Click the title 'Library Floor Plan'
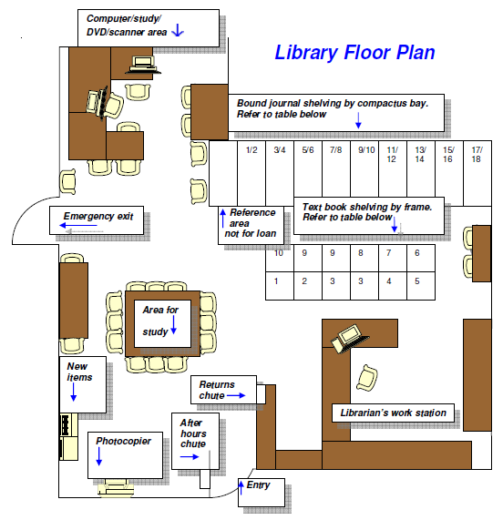click(354, 52)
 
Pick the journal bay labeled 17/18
click(476, 154)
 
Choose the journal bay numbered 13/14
click(420, 154)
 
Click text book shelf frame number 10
click(279, 253)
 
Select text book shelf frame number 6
click(417, 253)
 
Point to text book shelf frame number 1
click(276, 281)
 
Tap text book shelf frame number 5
click(417, 281)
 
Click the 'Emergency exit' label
click(98, 217)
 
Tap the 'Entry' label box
click(258, 485)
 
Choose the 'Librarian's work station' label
click(394, 413)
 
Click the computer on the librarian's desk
click(346, 337)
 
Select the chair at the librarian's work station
click(367, 376)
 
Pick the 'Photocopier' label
click(123, 442)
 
